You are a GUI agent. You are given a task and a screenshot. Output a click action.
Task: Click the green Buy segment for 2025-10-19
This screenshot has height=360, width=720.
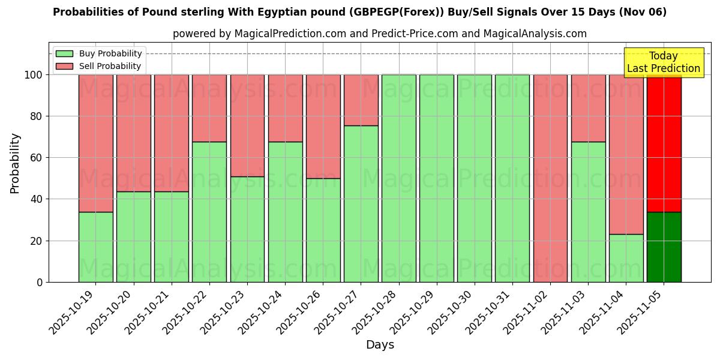click(x=95, y=247)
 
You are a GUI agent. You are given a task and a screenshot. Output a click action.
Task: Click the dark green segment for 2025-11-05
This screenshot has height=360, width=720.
click(x=664, y=247)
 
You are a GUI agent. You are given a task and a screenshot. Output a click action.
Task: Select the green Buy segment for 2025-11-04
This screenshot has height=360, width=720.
click(x=626, y=258)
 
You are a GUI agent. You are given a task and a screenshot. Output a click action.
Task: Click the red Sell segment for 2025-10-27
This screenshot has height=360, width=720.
click(x=361, y=100)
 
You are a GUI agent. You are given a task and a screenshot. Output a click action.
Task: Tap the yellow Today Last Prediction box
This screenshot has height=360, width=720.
click(x=663, y=62)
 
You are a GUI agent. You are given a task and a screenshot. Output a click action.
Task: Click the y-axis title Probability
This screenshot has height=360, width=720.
click(x=15, y=163)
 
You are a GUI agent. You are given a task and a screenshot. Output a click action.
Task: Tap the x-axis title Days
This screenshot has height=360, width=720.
click(x=380, y=345)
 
